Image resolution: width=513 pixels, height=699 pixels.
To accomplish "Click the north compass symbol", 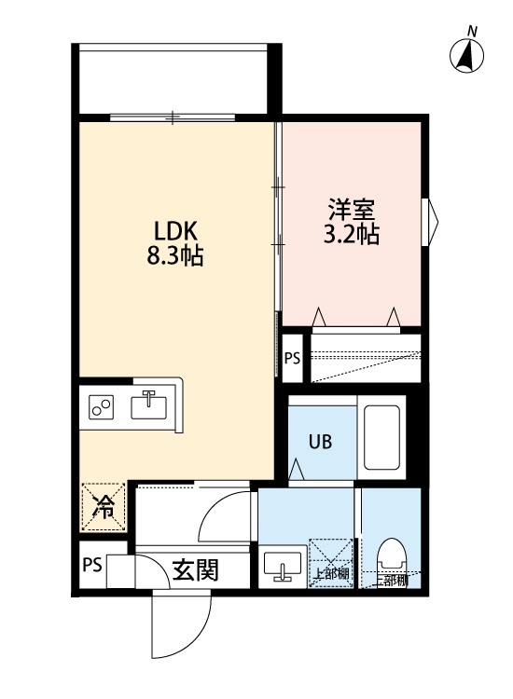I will (467, 55).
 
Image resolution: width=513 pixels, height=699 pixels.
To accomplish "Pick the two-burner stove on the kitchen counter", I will (101, 407).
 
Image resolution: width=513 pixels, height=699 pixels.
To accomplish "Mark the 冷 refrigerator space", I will (104, 506).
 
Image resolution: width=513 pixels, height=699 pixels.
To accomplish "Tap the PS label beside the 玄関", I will (90, 565).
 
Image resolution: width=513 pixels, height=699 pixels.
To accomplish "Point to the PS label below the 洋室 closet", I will (292, 357).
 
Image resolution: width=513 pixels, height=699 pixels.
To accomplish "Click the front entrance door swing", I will (179, 624).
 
